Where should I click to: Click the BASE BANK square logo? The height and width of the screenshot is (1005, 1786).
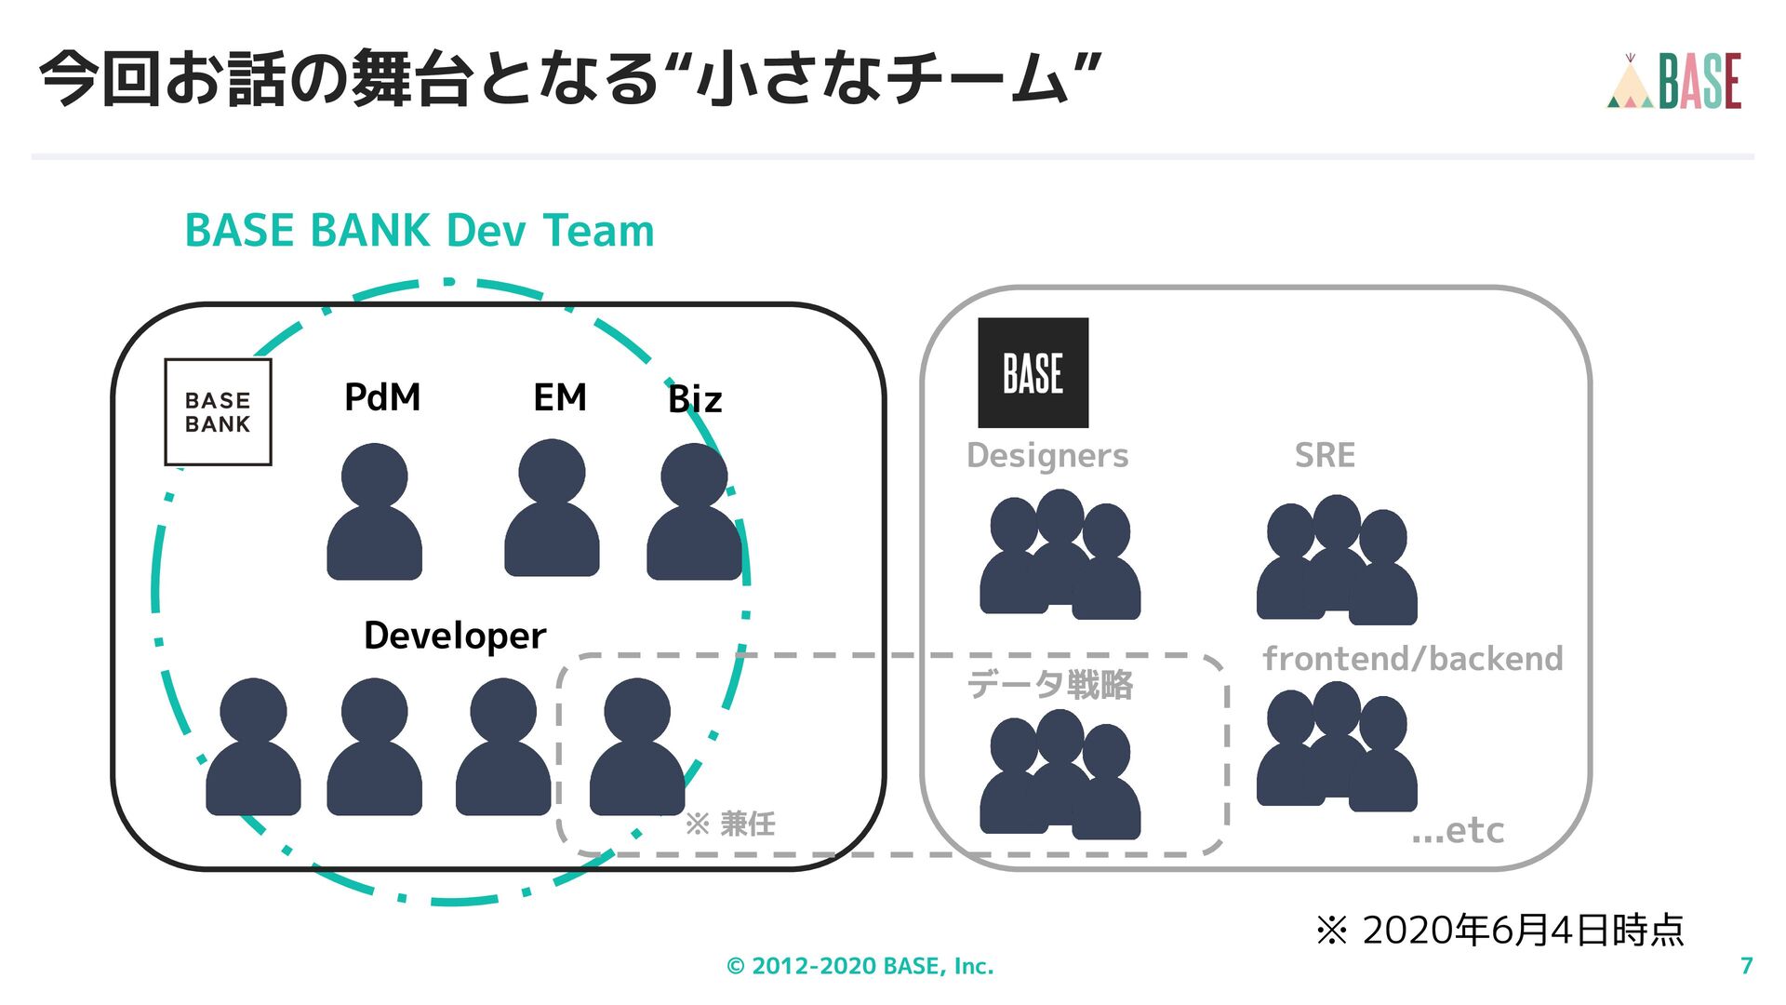pos(218,412)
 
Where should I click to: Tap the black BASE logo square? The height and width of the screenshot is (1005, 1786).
pos(1033,373)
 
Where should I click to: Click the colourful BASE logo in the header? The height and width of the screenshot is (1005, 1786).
pos(1674,82)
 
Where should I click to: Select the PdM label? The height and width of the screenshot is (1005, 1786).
pos(382,397)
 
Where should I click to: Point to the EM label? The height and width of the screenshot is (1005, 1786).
pos(560,397)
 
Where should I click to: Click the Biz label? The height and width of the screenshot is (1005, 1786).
pos(695,399)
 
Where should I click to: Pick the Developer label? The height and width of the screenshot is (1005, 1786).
pos(455,636)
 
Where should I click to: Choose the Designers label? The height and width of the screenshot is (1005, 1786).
pos(1047,455)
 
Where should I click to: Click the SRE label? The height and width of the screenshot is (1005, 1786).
pos(1325,455)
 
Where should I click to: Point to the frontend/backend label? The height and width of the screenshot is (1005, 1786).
pos(1413,659)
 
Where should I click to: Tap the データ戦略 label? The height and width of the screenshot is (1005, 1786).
pos(1050,685)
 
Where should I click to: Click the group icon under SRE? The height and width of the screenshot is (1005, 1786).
pos(1337,559)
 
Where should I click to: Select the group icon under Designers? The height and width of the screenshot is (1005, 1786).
pos(1060,555)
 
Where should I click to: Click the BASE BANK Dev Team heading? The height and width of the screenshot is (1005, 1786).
pos(420,231)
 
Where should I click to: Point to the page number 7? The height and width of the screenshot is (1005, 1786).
pos(1746,966)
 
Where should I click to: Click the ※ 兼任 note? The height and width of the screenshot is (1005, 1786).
pos(730,824)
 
